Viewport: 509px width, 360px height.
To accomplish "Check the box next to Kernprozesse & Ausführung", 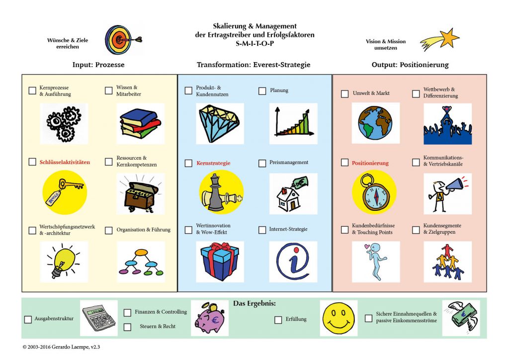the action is [x=32, y=90].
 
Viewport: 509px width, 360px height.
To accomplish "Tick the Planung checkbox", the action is [x=262, y=91].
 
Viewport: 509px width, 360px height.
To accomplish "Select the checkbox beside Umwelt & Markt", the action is [x=345, y=94].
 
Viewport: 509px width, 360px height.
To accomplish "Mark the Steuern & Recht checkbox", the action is [x=128, y=327].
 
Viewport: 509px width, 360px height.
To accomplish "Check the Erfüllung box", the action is [x=278, y=320].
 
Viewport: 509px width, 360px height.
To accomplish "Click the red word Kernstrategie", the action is [x=213, y=163].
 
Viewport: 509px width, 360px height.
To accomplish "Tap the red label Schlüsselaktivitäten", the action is [x=65, y=162].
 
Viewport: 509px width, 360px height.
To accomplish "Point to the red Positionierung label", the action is [x=370, y=163].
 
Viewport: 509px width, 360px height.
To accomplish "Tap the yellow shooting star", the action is [x=440, y=40].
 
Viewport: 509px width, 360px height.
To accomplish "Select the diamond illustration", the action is [x=219, y=123].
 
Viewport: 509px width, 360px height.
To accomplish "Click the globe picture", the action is [x=375, y=123].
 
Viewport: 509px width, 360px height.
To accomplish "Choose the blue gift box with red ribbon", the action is [x=220, y=262].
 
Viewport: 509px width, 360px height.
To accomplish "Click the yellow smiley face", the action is [x=339, y=318].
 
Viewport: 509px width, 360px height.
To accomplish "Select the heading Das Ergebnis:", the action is [x=254, y=303].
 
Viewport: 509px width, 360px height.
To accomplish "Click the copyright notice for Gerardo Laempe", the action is [x=61, y=347].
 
